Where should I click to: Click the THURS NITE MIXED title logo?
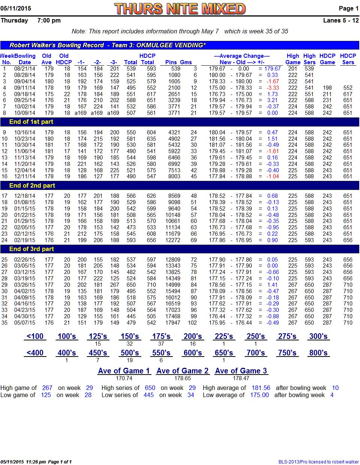click(180, 9)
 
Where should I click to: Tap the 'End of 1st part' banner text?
click(31, 122)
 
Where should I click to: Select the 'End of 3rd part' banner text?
click(31, 249)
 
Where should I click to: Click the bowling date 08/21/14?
click(25, 69)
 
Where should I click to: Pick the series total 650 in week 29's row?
click(131, 285)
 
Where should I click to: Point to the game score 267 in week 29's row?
click(115, 285)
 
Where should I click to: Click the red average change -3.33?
click(273, 88)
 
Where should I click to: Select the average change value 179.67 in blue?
click(272, 69)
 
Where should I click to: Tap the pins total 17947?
click(173, 323)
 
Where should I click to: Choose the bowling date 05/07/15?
click(25, 323)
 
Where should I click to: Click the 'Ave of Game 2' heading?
click(183, 371)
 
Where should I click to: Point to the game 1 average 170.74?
click(124, 378)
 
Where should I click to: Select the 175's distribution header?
click(161, 336)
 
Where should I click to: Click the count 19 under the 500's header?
click(130, 360)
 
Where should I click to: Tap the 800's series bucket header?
click(318, 353)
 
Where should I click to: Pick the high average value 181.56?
click(261, 388)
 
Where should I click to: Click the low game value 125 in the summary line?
click(46, 395)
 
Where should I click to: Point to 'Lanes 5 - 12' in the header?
click(341, 21)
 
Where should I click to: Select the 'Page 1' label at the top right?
click(348, 9)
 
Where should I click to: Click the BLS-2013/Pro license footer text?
click(318, 462)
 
